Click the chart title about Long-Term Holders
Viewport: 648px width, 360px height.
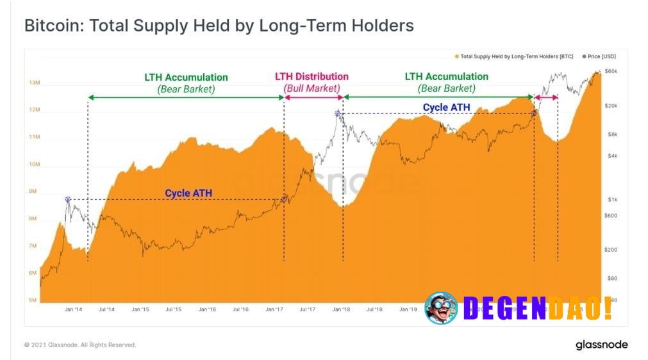219,26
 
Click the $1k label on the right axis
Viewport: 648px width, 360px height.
612,200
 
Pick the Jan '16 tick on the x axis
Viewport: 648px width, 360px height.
207,309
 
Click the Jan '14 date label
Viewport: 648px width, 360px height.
73,309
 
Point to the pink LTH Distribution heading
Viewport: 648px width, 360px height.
312,76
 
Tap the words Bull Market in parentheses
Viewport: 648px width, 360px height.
312,88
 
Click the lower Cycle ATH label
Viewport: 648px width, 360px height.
188,193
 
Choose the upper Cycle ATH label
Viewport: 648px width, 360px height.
446,107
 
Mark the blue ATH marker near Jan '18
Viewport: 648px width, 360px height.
338,114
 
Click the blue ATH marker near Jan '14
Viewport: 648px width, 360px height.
67,199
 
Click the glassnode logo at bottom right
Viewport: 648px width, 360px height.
601,345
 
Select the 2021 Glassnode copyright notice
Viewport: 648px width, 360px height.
80,345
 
